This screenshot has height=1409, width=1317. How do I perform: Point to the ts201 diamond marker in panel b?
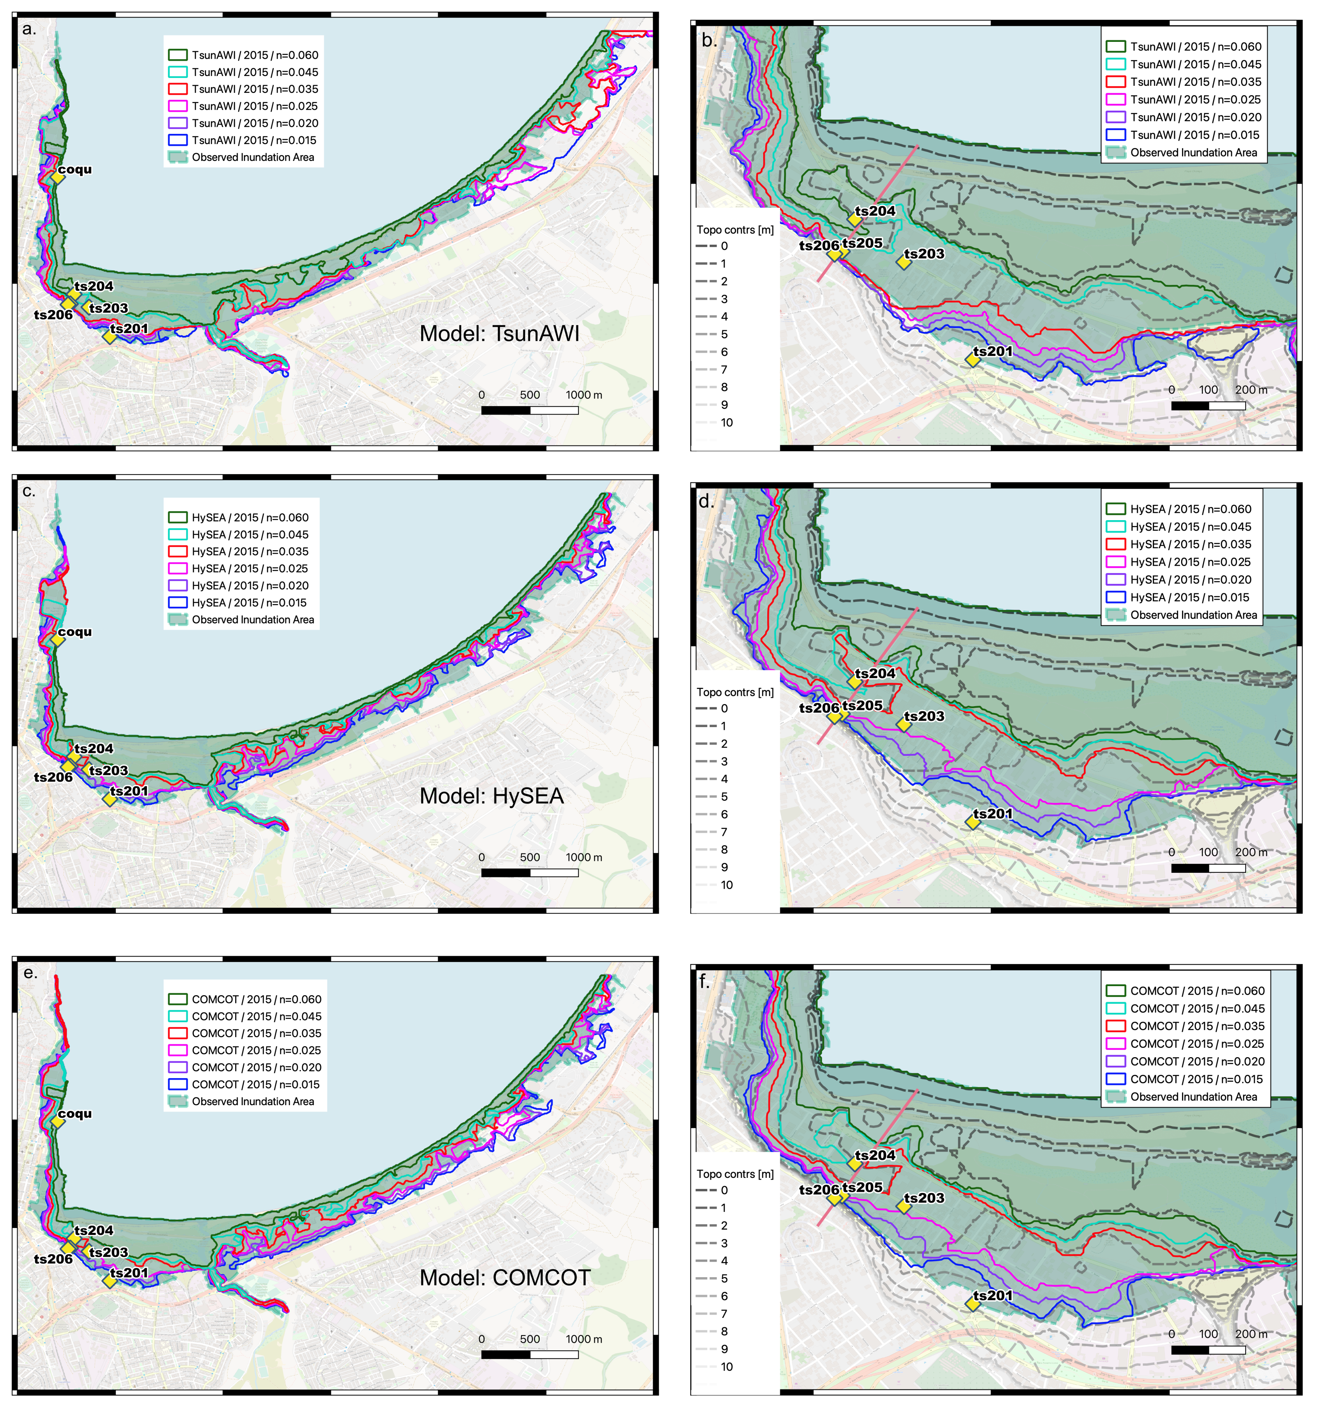point(973,360)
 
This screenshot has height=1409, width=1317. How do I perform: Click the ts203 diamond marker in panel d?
point(904,724)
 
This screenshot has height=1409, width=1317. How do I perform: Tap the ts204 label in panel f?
point(875,1155)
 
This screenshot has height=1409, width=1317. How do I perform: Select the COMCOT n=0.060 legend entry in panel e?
point(256,999)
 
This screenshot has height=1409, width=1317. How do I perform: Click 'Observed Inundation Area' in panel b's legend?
point(1193,152)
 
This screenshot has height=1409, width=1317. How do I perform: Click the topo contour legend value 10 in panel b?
point(727,422)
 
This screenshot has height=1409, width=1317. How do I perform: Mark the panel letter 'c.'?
point(28,491)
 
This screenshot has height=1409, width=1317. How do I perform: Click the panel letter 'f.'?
point(704,982)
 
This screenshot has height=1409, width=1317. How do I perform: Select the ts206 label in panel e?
point(53,1259)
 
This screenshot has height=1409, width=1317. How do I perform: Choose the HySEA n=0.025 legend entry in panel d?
point(1190,562)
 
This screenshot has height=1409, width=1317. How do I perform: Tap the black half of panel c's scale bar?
point(505,872)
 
